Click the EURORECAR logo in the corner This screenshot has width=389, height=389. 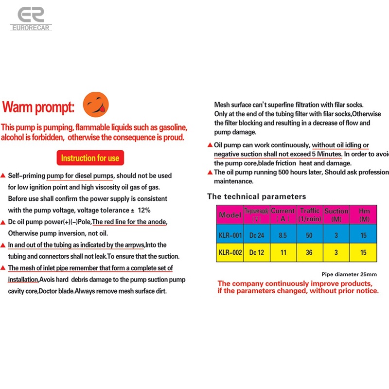(x=31, y=19)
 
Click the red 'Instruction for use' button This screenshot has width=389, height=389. (x=90, y=158)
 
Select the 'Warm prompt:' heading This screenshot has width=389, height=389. (x=38, y=106)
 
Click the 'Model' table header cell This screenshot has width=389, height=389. (x=230, y=214)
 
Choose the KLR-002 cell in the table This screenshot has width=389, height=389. (x=230, y=252)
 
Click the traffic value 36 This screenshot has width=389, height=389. (x=309, y=252)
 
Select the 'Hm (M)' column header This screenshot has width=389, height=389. (x=363, y=214)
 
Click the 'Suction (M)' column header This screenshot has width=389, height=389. (x=336, y=214)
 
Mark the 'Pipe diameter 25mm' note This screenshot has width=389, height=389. (x=349, y=274)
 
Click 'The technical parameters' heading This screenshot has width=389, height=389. (x=256, y=196)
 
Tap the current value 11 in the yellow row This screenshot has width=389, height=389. (x=283, y=252)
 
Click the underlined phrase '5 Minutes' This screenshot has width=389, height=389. (x=326, y=154)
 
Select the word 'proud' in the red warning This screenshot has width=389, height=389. (x=174, y=137)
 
